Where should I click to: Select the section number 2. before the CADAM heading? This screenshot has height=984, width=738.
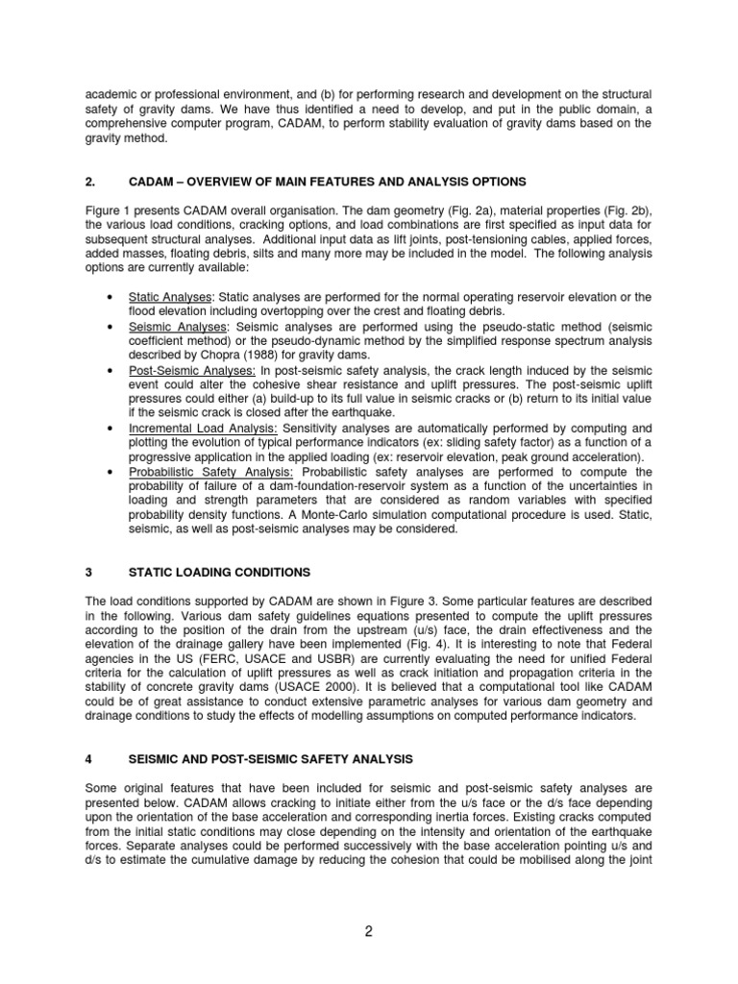pos(89,182)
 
